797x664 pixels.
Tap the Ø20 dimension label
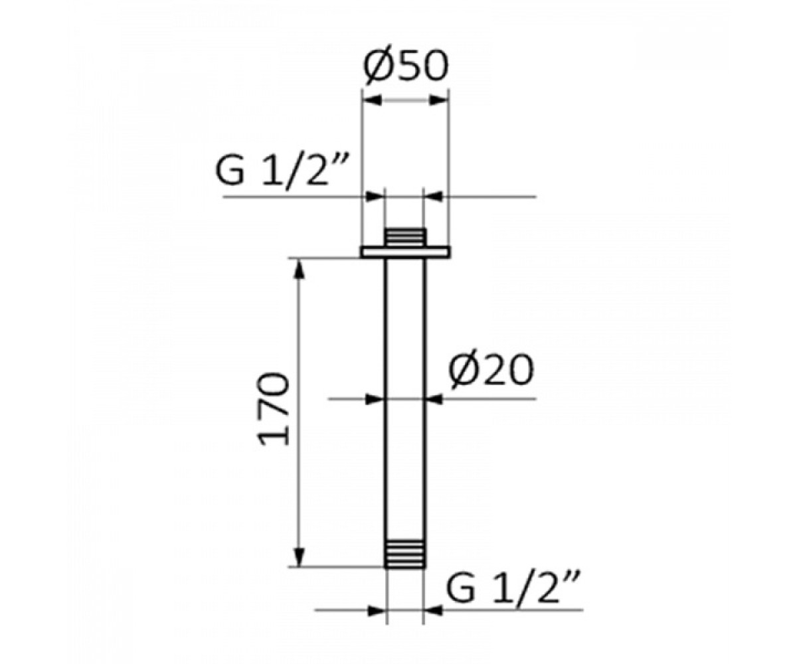[491, 369]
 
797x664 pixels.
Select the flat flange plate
[405, 252]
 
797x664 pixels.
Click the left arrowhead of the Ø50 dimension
[372, 100]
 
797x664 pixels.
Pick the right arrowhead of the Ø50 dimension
[438, 100]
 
